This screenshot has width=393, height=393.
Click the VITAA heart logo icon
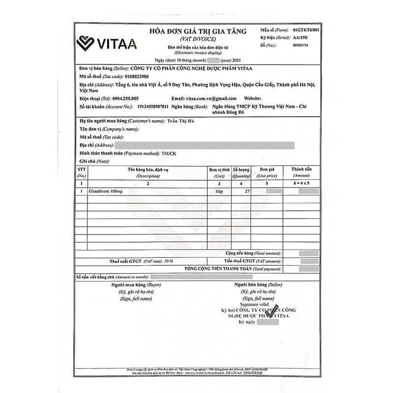pyautogui.click(x=85, y=44)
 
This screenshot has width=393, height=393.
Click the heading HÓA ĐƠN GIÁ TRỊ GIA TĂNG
pyautogui.click(x=195, y=31)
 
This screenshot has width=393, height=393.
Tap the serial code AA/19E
pyautogui.click(x=300, y=37)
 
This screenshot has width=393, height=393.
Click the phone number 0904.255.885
pyautogui.click(x=118, y=98)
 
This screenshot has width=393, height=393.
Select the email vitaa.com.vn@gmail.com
pyautogui.click(x=212, y=98)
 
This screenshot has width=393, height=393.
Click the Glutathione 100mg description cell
pyautogui.click(x=106, y=191)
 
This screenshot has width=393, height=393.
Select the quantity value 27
pyautogui.click(x=247, y=191)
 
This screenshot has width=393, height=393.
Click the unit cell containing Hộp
pyautogui.click(x=219, y=191)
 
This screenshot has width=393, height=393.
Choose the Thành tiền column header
pyautogui.click(x=301, y=169)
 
